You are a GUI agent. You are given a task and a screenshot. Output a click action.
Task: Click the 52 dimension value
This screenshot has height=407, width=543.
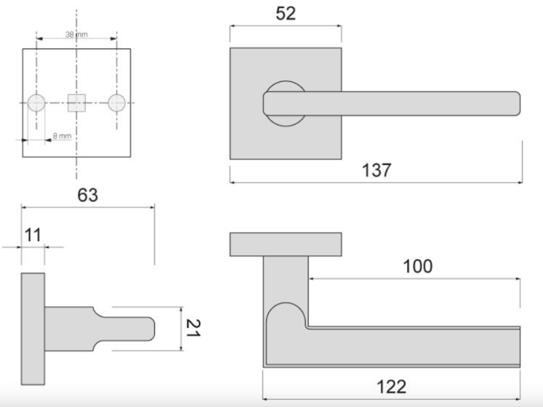tap(286, 14)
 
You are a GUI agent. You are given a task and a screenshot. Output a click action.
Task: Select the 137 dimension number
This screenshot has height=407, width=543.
tap(376, 170)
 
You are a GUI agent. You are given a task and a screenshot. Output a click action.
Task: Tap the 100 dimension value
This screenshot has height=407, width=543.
tap(418, 266)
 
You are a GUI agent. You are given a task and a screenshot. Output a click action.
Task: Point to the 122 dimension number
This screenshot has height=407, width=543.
tap(392, 386)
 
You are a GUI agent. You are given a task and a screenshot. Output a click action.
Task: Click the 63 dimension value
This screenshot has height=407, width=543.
tap(87, 195)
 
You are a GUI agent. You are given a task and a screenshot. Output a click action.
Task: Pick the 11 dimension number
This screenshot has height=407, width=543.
tap(33, 235)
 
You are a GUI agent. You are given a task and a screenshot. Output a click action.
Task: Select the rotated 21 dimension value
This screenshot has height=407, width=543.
tap(193, 328)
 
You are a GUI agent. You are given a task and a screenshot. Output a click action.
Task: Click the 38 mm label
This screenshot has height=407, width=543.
tap(77, 34)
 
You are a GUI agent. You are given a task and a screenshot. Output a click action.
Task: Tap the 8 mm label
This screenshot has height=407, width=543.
tap(62, 136)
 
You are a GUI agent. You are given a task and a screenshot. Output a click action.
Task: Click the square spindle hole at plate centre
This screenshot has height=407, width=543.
tap(77, 103)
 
